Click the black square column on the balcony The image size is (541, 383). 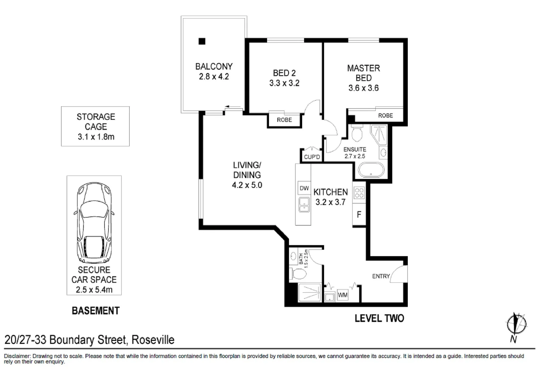[x=202, y=41]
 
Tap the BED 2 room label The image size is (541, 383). [x=284, y=73]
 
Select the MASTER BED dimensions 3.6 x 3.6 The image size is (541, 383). [x=364, y=88]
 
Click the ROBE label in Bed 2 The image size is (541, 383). [x=284, y=120]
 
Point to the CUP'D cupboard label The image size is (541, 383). [x=312, y=157]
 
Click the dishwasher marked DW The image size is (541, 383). [x=304, y=188]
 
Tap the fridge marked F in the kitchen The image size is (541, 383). [x=359, y=214]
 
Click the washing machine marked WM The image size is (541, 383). [x=343, y=295]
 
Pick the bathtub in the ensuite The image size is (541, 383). [x=371, y=170]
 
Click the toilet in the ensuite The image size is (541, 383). [x=357, y=133]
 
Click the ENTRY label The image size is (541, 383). [x=381, y=276]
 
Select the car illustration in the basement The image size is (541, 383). [x=94, y=223]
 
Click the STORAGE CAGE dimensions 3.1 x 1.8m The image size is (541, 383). [x=96, y=137]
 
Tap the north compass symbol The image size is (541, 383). [x=516, y=324]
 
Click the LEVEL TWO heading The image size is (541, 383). [x=379, y=318]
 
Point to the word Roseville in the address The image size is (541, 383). [x=153, y=340]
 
